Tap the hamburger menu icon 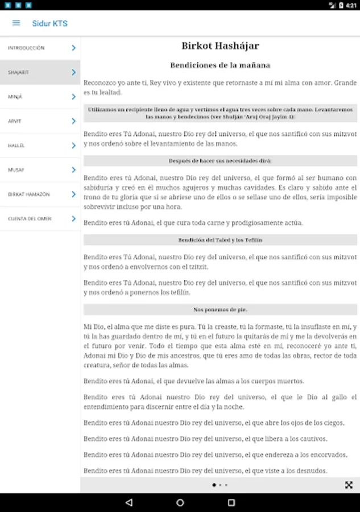click(x=16, y=23)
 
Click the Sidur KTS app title click(x=50, y=23)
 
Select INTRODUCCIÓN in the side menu click(x=26, y=48)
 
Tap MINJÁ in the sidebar click(x=15, y=97)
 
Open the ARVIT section click(x=15, y=121)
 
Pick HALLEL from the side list click(x=16, y=146)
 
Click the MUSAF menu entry click(x=15, y=170)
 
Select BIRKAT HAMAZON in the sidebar click(x=29, y=195)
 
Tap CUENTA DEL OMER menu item click(x=30, y=219)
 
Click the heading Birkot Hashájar click(x=220, y=46)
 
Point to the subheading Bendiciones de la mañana click(x=220, y=65)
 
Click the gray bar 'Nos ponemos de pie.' click(x=220, y=309)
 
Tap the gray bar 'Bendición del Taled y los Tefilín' click(x=220, y=240)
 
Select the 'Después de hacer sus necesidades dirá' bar click(x=220, y=161)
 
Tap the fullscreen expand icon click(x=349, y=485)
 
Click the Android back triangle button click(x=129, y=503)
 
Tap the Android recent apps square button click(x=231, y=503)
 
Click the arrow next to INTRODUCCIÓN click(x=73, y=48)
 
